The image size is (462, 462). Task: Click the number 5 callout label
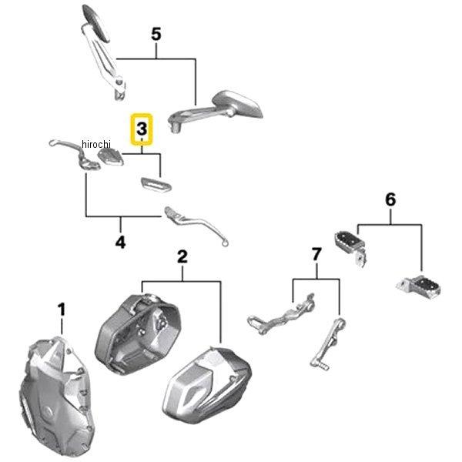[156, 35]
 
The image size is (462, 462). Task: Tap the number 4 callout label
[120, 243]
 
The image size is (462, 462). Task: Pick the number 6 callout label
[390, 199]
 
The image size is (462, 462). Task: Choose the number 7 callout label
[315, 254]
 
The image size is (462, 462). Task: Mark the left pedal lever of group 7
[280, 312]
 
